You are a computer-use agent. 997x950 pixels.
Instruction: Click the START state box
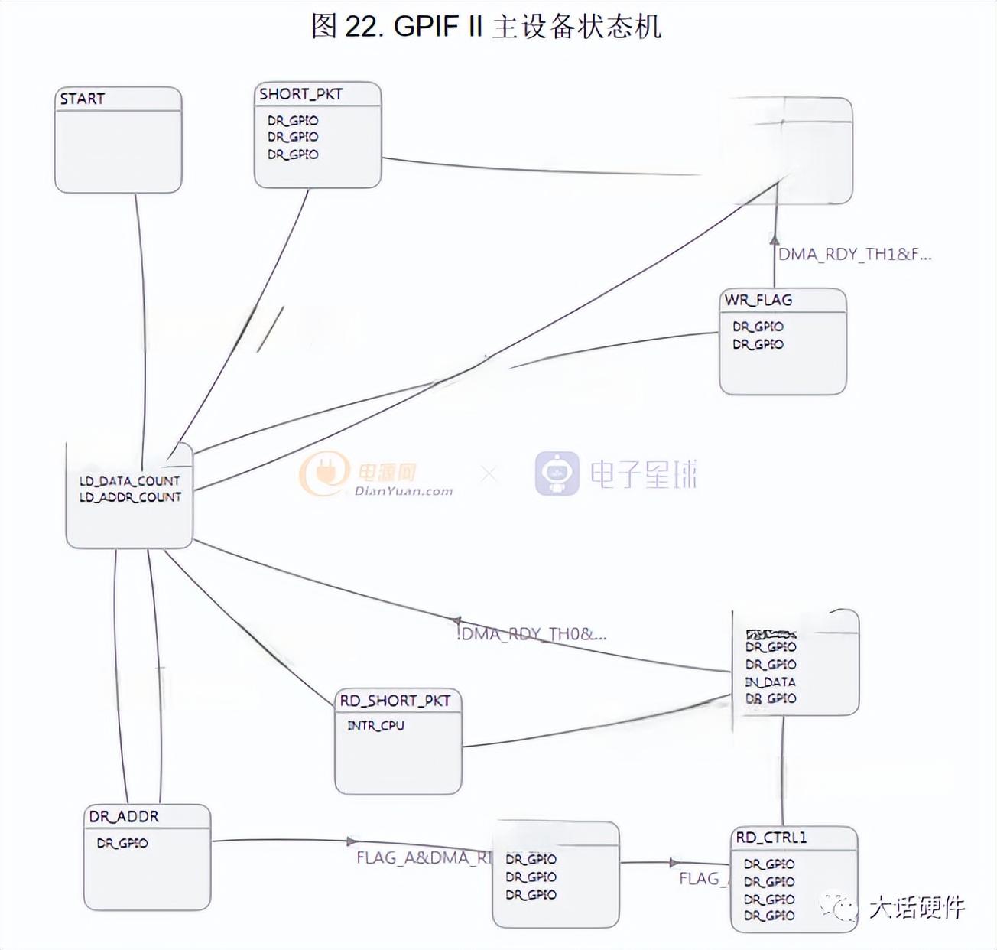pos(119,140)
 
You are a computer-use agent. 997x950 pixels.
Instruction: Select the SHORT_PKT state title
pos(300,94)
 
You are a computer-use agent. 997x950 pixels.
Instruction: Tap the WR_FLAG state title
pos(758,300)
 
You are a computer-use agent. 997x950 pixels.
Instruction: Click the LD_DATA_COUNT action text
pos(129,481)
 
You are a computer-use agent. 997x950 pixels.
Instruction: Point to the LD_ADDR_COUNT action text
pos(130,497)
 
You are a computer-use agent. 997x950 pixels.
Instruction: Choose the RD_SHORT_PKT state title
pos(395,701)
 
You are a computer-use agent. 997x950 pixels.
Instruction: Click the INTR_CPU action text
pos(375,725)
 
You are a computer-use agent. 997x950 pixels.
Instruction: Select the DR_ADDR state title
pos(124,816)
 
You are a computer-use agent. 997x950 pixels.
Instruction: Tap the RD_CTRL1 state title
pos(771,838)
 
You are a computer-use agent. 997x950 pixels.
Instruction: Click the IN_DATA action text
pos(770,682)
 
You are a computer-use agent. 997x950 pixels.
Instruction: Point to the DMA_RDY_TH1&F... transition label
pos(854,255)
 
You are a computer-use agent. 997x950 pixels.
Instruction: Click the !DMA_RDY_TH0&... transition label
pos(531,633)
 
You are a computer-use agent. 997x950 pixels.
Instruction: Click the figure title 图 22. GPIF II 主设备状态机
pos(486,26)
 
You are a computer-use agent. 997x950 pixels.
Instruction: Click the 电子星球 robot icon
pos(557,473)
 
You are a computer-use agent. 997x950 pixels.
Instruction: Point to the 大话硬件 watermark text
pos(916,907)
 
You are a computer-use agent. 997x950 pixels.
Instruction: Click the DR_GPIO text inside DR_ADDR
pos(122,844)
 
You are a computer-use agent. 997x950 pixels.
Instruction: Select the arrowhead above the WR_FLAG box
pos(775,239)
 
